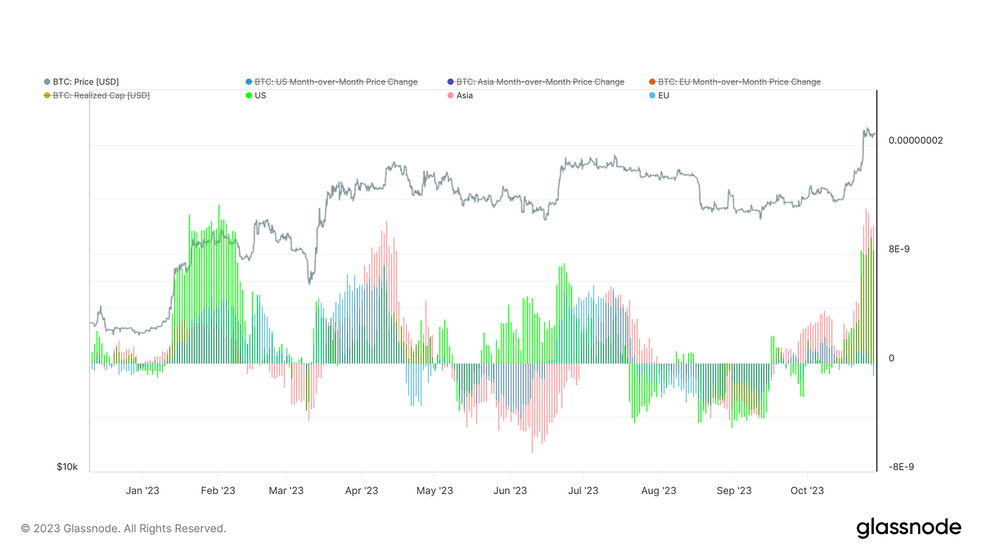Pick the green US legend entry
click(x=260, y=95)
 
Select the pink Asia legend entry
click(x=464, y=95)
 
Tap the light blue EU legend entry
click(x=663, y=95)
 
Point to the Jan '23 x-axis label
click(x=142, y=491)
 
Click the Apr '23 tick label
click(x=362, y=491)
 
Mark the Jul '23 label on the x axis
click(x=582, y=491)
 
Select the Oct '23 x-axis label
click(x=807, y=491)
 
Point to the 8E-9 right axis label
click(x=899, y=249)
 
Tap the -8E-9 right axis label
click(x=901, y=467)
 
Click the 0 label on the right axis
click(x=892, y=358)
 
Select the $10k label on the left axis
click(x=67, y=467)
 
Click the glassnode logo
click(x=908, y=528)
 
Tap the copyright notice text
click(x=123, y=528)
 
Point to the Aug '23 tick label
click(x=659, y=491)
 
